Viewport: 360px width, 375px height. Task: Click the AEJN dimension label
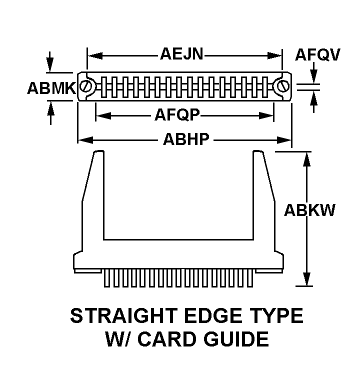pos(181,54)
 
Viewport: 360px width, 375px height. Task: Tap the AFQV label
pos(317,55)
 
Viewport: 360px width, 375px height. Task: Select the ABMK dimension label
pos(51,88)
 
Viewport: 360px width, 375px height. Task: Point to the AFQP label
pos(177,115)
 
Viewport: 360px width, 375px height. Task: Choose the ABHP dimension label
pos(186,139)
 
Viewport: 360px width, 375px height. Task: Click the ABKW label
pos(309,210)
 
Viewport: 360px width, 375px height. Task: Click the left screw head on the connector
pos(85,86)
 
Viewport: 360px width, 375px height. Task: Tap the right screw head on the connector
pos(283,86)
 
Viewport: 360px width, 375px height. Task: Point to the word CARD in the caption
pos(167,339)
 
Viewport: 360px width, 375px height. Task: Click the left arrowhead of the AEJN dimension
pos(95,55)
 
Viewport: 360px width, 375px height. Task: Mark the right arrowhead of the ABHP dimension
pos(284,140)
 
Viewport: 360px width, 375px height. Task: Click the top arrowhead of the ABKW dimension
pos(306,159)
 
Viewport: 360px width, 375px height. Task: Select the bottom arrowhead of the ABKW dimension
pos(306,278)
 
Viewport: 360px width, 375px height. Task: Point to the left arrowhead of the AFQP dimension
pos(103,116)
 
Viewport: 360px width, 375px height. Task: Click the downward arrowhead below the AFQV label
pos(314,76)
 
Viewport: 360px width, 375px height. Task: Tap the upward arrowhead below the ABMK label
pos(50,108)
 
